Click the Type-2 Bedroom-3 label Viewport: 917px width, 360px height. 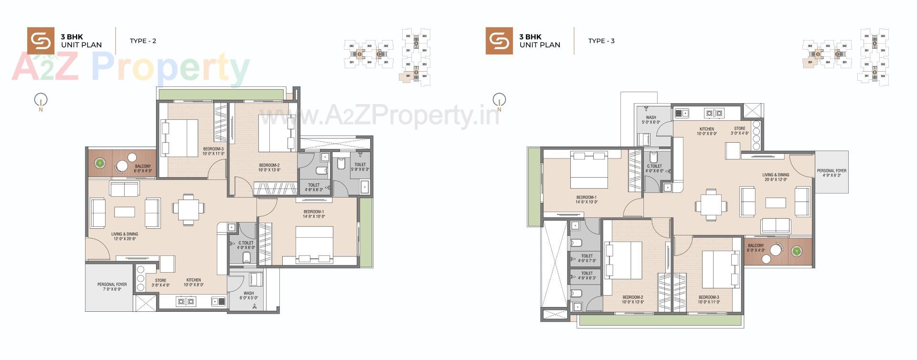click(213, 151)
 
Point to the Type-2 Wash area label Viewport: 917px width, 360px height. click(248, 296)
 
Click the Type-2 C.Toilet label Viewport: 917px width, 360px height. click(246, 245)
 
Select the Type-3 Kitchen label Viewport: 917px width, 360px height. click(707, 131)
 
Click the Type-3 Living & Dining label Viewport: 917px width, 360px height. click(776, 177)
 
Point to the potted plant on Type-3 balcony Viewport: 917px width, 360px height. click(796, 251)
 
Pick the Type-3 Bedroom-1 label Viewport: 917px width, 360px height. click(586, 200)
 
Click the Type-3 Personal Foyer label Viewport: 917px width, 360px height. click(832, 173)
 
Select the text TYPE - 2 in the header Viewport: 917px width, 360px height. click(143, 41)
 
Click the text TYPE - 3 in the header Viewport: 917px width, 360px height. click(601, 41)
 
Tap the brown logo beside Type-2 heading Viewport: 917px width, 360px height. click(41, 41)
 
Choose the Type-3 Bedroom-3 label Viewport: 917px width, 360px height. click(708, 299)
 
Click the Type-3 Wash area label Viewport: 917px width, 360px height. click(651, 120)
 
